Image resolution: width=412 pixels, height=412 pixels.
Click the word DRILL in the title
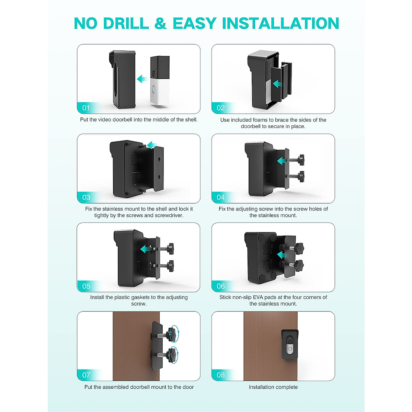coord(126,24)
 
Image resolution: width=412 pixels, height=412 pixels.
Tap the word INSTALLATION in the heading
coord(281,24)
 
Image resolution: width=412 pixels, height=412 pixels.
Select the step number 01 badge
coord(86,108)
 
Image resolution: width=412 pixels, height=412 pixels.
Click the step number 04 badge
coord(220,197)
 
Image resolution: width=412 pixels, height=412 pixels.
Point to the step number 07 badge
coord(86,375)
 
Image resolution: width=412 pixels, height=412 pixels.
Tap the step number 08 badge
coord(220,375)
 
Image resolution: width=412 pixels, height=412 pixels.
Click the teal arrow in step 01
coord(141,79)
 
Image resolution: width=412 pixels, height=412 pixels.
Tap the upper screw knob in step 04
coord(301,159)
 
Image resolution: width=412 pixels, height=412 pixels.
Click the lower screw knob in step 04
coord(301,176)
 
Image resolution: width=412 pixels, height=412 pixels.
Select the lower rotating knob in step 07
coord(172,354)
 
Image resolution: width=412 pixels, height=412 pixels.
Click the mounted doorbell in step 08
coord(290,344)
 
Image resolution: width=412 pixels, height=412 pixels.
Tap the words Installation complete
coord(273,387)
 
